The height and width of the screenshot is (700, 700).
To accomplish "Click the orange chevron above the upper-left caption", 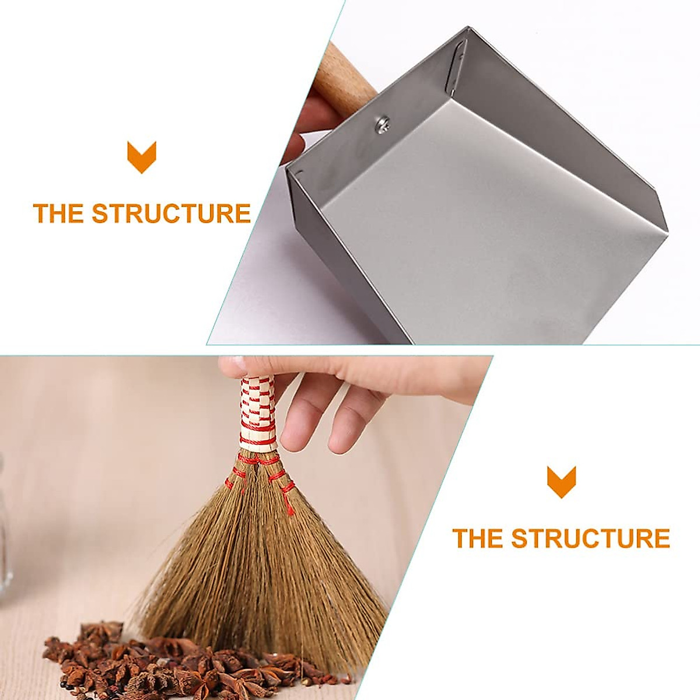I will (142, 157).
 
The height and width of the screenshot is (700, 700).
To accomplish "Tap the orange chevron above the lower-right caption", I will (561, 481).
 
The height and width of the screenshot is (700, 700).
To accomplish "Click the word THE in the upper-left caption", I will (58, 213).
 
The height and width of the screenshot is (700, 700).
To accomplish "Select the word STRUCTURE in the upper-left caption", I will (171, 213).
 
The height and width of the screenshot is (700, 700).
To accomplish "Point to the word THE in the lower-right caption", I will (478, 538).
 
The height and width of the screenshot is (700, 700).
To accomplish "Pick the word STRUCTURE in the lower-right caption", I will (590, 538).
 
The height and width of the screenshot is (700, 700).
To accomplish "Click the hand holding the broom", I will (350, 397).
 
